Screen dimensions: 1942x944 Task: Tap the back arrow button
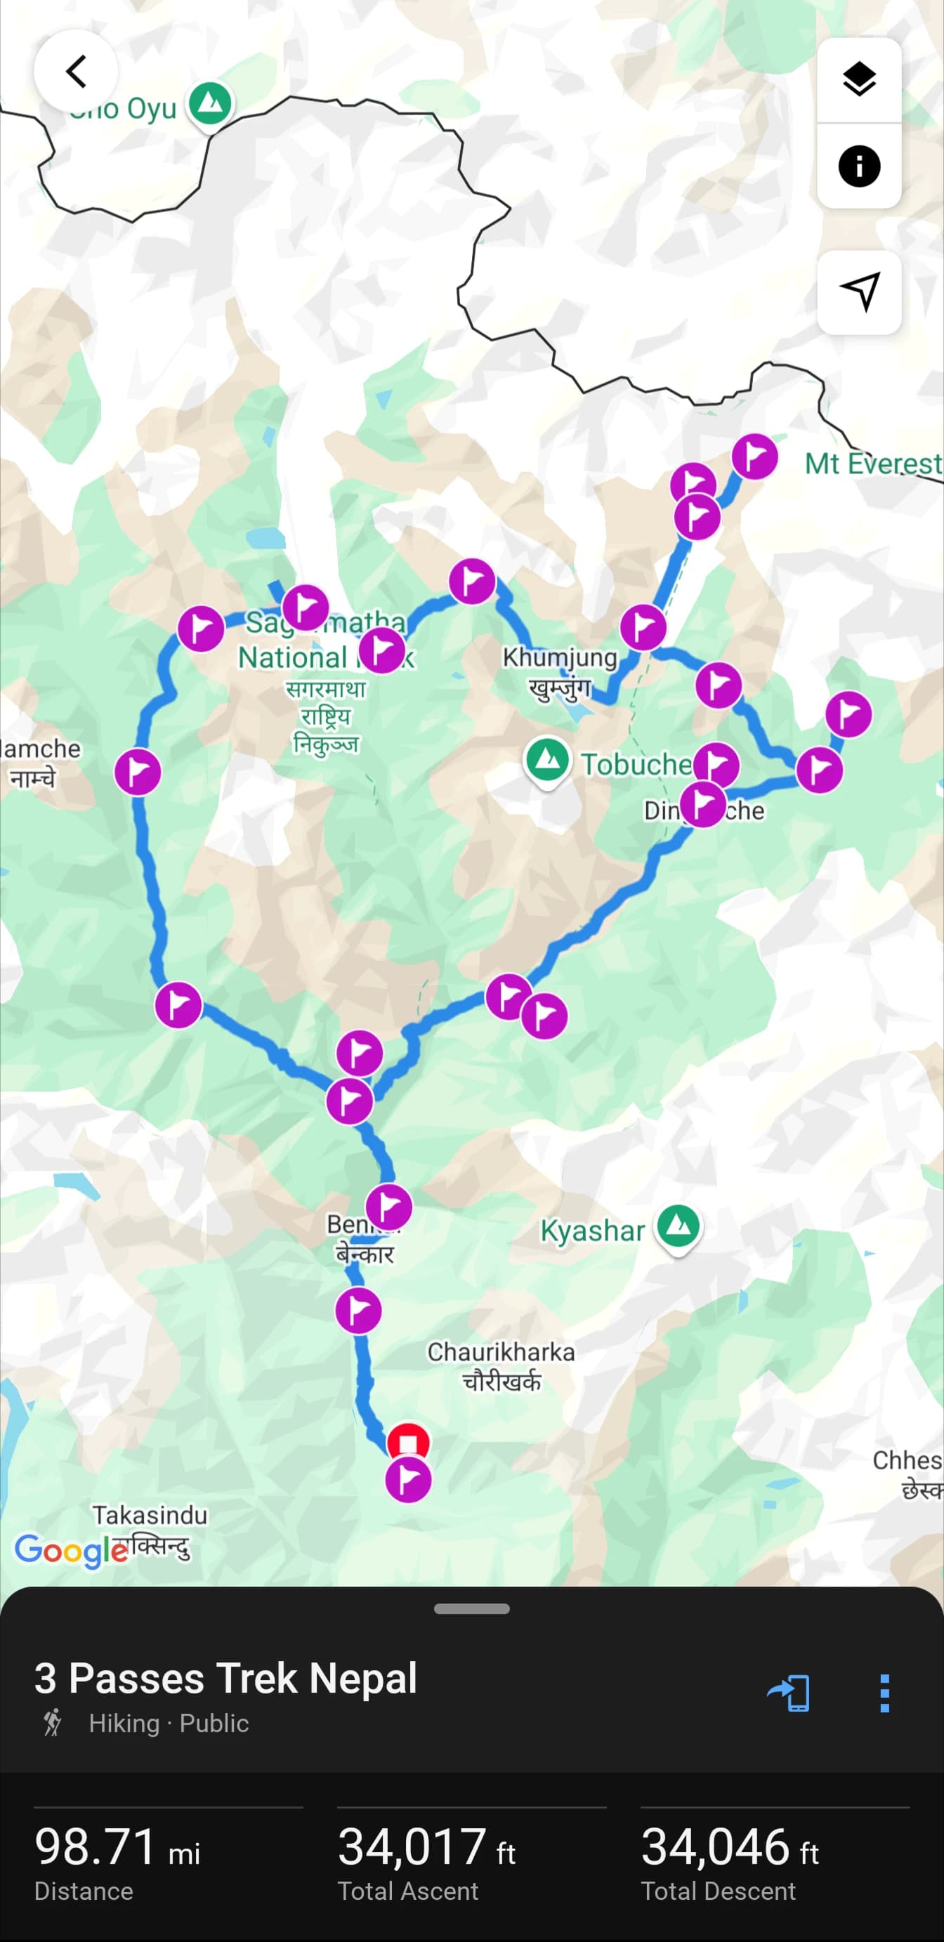tap(75, 72)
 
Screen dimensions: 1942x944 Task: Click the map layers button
tap(859, 80)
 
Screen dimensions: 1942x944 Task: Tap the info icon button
tap(859, 166)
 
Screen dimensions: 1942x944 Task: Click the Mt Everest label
tap(873, 463)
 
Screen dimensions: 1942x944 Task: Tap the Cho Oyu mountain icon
tap(211, 103)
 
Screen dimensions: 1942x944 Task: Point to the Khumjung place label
tap(560, 657)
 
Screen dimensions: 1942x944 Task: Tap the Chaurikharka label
tap(501, 1352)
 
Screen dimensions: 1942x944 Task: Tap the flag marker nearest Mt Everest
tap(755, 456)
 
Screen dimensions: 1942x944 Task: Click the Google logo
tap(71, 1550)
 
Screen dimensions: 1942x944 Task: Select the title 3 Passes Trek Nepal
tap(225, 1678)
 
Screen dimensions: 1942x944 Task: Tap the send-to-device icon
tap(789, 1693)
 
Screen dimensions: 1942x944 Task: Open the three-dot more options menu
tap(884, 1693)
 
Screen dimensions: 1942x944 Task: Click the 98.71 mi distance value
tap(117, 1847)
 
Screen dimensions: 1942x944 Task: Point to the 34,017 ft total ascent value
tap(426, 1847)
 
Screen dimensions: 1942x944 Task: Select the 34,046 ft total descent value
tap(729, 1847)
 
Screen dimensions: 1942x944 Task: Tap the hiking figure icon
tap(53, 1723)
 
